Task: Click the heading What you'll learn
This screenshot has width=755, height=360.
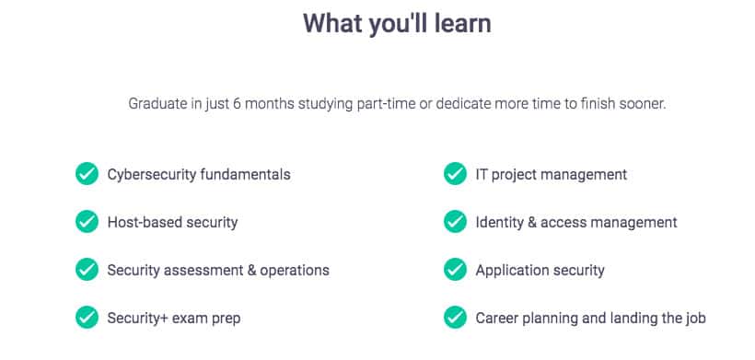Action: (x=397, y=24)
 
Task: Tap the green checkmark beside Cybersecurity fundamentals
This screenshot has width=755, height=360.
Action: (x=87, y=174)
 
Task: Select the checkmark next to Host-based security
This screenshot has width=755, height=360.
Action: (x=87, y=222)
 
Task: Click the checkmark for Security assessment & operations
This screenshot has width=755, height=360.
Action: (x=87, y=270)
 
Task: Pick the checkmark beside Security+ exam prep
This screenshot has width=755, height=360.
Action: (x=87, y=318)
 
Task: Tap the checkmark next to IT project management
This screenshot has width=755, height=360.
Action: (x=455, y=174)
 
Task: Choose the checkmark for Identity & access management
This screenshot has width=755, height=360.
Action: (x=455, y=222)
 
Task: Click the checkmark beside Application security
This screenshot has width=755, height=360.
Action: (x=455, y=270)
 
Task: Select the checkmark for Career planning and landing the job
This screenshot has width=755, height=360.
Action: (x=455, y=318)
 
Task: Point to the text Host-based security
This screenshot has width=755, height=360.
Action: (x=172, y=223)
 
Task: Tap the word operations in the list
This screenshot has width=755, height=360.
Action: (x=295, y=271)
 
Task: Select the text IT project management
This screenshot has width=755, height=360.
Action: (x=552, y=174)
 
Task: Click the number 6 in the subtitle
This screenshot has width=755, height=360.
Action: (x=237, y=104)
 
